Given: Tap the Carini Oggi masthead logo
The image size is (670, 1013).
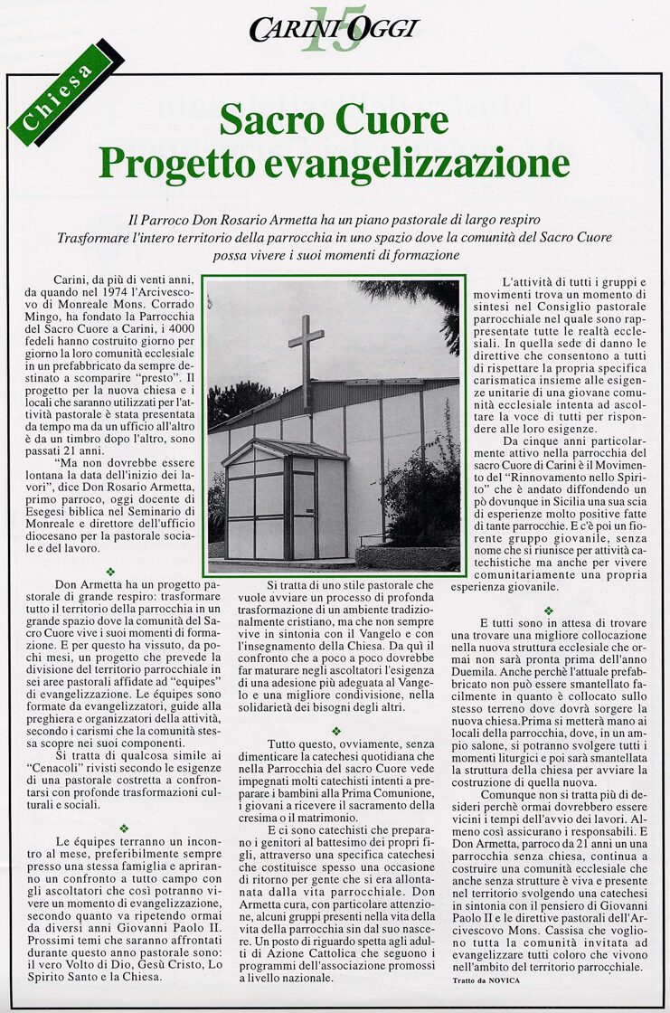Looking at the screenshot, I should click(334, 29).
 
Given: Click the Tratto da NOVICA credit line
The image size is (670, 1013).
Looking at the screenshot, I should click(485, 980).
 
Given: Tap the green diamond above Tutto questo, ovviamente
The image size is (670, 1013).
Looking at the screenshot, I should click(335, 731).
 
